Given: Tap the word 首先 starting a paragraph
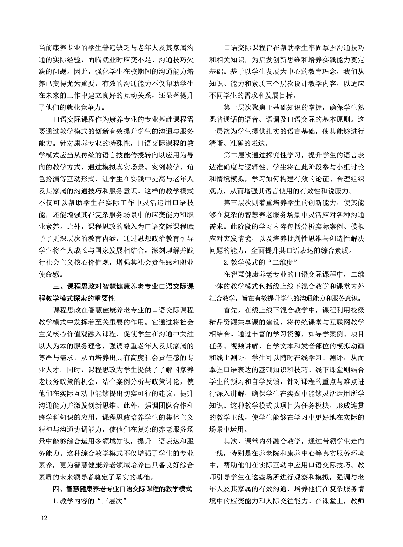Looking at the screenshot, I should click(231, 310).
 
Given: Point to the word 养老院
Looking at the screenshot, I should click(273, 453).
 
